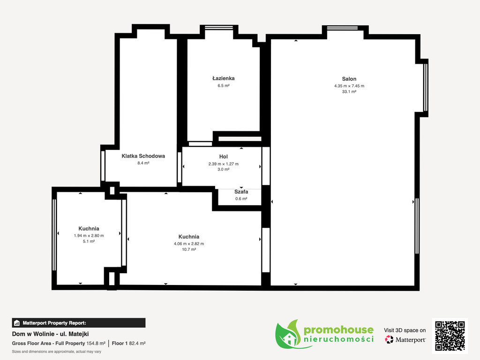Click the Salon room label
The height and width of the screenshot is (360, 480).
pyautogui.click(x=349, y=79)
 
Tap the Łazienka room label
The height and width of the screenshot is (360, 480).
pyautogui.click(x=224, y=78)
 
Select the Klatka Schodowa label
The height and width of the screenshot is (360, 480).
pyautogui.click(x=143, y=156)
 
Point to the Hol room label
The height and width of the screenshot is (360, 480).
pyautogui.click(x=224, y=157)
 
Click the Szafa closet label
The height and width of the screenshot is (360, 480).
pyautogui.click(x=241, y=192)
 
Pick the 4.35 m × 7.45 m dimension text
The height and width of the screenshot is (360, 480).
pyautogui.click(x=349, y=86)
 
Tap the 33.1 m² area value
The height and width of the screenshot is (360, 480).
pyautogui.click(x=349, y=91)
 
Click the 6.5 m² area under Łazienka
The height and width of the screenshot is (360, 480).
pyautogui.click(x=224, y=86)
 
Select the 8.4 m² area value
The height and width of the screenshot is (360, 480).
pyautogui.click(x=143, y=163)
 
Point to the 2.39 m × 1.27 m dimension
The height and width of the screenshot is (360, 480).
pyautogui.click(x=224, y=164)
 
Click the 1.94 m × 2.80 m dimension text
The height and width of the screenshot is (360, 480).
pyautogui.click(x=89, y=236)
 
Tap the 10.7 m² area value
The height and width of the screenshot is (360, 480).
pyautogui.click(x=189, y=249)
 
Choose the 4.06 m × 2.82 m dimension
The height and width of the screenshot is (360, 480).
pyautogui.click(x=189, y=244)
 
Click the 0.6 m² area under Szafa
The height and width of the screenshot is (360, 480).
pyautogui.click(x=241, y=199)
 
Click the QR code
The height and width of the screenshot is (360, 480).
pyautogui.click(x=450, y=336)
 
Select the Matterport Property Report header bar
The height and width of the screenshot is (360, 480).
pyautogui.click(x=79, y=323)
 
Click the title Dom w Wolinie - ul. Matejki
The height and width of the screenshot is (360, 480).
pyautogui.click(x=50, y=334)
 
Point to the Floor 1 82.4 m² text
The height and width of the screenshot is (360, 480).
pyautogui.click(x=128, y=344)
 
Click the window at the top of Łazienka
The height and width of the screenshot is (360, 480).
pyautogui.click(x=219, y=28)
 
